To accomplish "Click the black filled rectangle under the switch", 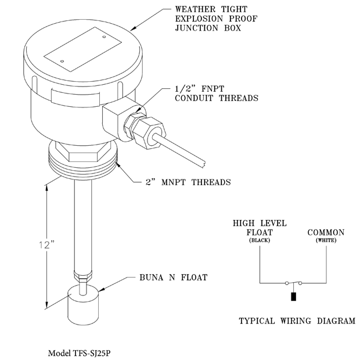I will coord(293,298).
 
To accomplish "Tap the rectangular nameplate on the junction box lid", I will coord(81,51).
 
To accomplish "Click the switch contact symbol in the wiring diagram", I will coord(293,283).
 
